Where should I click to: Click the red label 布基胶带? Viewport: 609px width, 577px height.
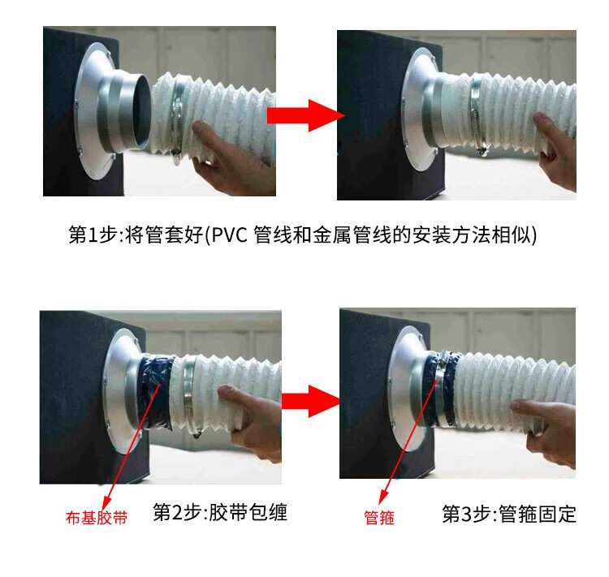97,518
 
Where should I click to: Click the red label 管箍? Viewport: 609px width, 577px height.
379,518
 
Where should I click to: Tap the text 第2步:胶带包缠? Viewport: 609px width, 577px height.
220,512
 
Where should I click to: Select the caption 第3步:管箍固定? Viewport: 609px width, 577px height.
509,514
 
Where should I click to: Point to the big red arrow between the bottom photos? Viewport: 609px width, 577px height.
311,401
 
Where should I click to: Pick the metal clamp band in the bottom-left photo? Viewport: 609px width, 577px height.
188,394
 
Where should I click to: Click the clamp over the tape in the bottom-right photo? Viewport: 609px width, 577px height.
441,388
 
